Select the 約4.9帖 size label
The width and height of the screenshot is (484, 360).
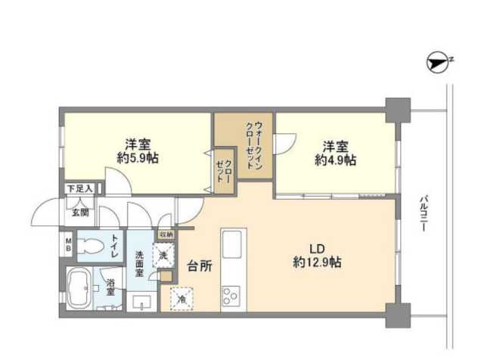pyautogui.click(x=336, y=160)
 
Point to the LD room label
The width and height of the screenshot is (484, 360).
pyautogui.click(x=317, y=247)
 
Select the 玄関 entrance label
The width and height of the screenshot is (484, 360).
pyautogui.click(x=81, y=212)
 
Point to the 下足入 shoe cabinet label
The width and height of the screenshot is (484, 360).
pyautogui.click(x=79, y=189)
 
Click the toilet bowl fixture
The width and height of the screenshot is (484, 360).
pyautogui.click(x=90, y=244)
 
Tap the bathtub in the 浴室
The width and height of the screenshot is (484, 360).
pyautogui.click(x=79, y=287)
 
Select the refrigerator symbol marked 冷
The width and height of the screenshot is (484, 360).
pyautogui.click(x=181, y=298)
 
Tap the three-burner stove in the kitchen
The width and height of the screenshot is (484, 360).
pyautogui.click(x=231, y=296)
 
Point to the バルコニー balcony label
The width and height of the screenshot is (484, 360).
pyautogui.click(x=424, y=213)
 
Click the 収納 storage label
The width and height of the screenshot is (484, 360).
pyautogui.click(x=166, y=235)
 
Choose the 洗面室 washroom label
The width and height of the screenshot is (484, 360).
pyautogui.click(x=141, y=263)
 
